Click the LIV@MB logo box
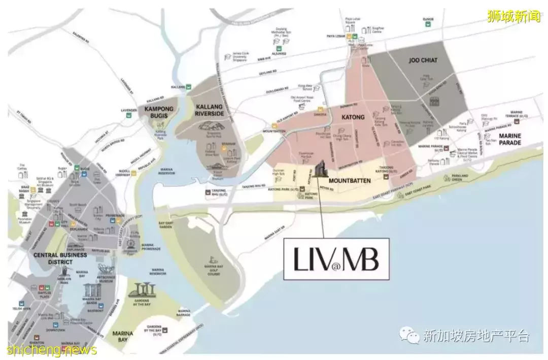336,259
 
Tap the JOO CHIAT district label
423,60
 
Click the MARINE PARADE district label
509,140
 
